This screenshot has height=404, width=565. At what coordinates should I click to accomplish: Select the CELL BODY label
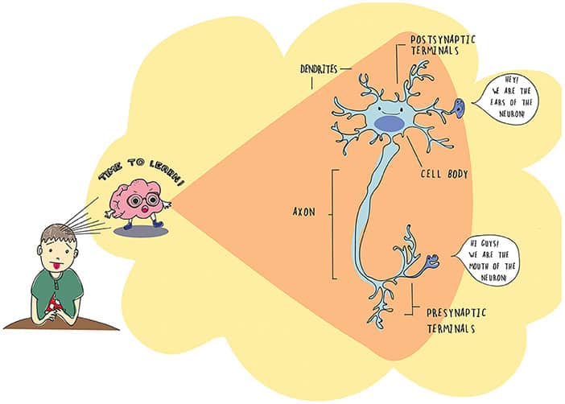(x=445, y=172)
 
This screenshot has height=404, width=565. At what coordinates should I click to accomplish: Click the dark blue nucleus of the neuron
(x=389, y=123)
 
